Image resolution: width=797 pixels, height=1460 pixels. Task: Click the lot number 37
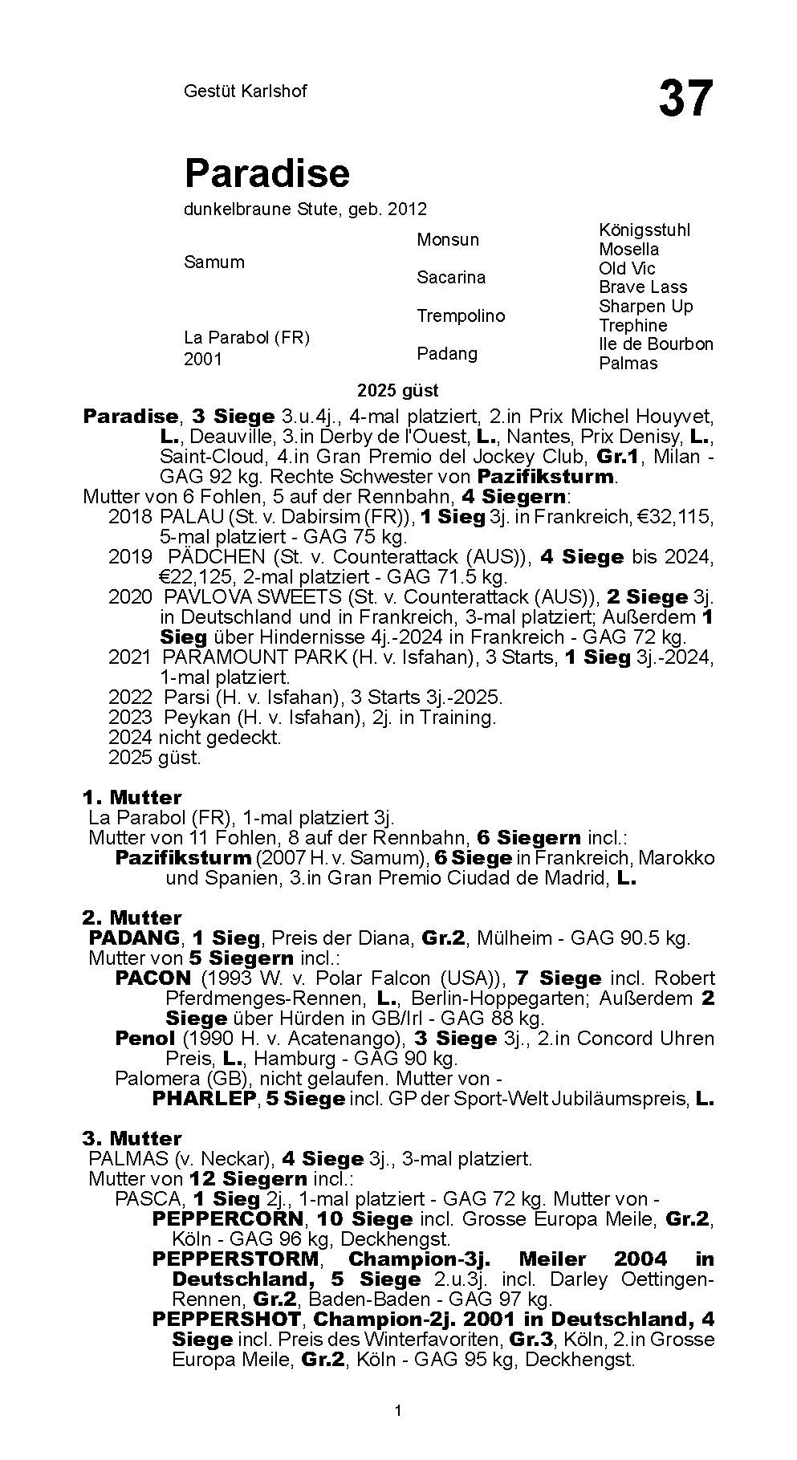click(x=685, y=99)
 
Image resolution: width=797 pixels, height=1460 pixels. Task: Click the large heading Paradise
click(x=267, y=173)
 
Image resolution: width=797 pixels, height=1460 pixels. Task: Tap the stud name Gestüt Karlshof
click(x=245, y=91)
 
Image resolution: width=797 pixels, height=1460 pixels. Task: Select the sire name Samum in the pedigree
click(x=213, y=262)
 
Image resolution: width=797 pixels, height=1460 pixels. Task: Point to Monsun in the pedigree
click(x=447, y=239)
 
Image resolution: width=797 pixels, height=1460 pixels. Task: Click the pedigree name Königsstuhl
click(x=644, y=230)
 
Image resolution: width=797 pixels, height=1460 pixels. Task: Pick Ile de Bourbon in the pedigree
click(x=656, y=344)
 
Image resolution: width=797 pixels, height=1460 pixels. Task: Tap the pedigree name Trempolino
click(x=460, y=315)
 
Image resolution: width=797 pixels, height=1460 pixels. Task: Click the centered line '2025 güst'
click(x=398, y=391)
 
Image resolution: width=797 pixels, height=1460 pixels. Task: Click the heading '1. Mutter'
click(x=132, y=797)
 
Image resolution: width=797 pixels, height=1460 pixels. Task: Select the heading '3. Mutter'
click(x=132, y=1138)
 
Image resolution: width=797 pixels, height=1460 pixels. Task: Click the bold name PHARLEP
click(x=204, y=1098)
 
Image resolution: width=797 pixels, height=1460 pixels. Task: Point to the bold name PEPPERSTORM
click(x=235, y=1259)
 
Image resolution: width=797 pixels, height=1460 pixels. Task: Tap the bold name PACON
click(x=152, y=978)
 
